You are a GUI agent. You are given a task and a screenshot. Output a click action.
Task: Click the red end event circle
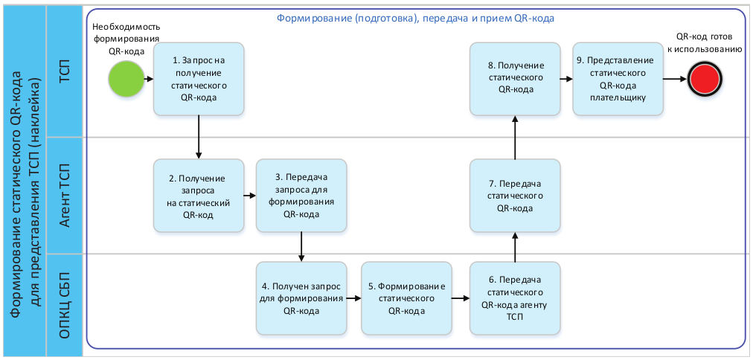705,78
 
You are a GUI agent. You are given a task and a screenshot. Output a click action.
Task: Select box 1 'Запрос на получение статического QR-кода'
199,79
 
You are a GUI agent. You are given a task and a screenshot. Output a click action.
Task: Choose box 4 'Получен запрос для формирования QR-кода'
301,298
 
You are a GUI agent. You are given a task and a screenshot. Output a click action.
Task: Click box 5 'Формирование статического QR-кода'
406,298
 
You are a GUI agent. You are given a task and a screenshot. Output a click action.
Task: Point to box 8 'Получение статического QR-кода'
515,79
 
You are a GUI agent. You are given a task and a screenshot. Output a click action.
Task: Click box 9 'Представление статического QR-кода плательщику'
618,79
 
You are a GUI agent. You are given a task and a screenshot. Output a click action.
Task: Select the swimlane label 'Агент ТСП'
65,195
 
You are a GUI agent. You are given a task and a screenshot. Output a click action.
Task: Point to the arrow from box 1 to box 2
199,137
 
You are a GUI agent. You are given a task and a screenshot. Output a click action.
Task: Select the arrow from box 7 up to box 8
515,137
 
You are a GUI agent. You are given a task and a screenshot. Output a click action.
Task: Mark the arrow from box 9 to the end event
675,78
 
